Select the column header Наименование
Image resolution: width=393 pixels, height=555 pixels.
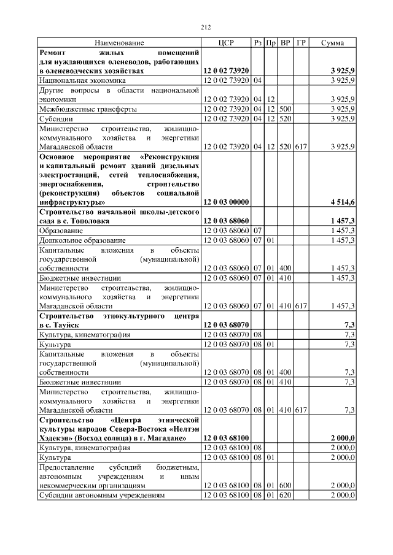tap(119, 43)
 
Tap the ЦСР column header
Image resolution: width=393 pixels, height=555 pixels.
tap(227, 43)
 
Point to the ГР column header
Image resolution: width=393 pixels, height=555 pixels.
tap(300, 43)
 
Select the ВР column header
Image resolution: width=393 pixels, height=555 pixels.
tap(285, 43)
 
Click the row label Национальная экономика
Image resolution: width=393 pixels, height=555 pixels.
tap(82, 80)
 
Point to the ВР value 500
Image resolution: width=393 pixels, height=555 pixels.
tap(285, 109)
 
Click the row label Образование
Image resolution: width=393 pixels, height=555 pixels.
tap(61, 231)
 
